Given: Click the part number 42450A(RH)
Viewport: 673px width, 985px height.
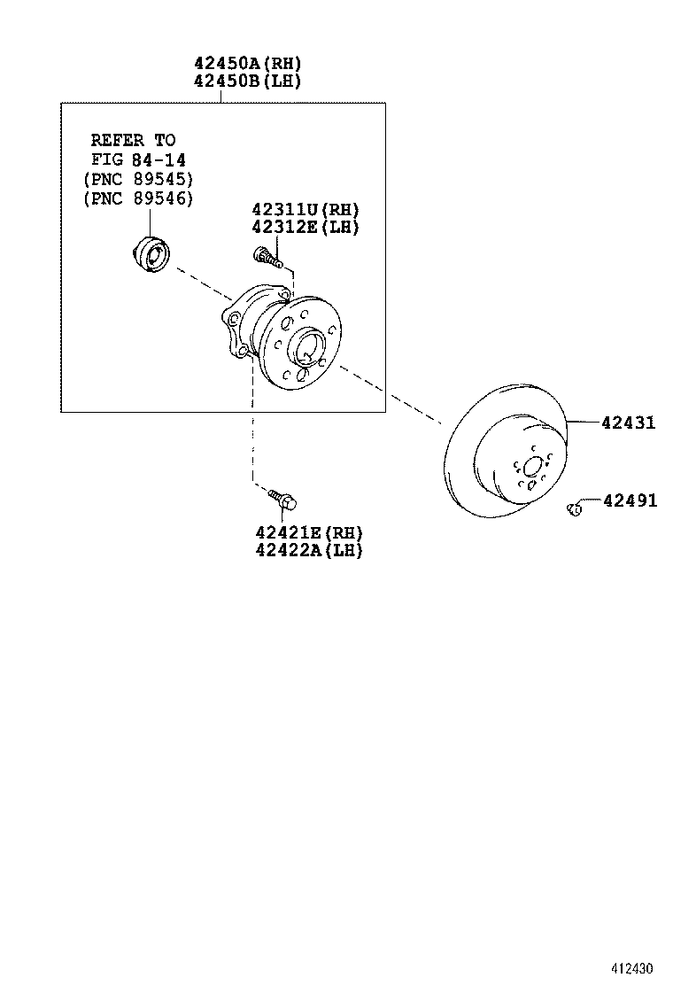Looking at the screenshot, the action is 248,64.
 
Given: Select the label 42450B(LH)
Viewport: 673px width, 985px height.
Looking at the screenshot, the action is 248,81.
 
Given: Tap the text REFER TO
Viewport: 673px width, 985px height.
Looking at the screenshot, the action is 134,140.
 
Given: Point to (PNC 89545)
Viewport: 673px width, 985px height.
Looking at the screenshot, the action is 137,179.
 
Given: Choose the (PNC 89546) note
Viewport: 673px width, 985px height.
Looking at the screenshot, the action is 137,198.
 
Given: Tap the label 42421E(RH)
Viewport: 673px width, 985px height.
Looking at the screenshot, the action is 309,532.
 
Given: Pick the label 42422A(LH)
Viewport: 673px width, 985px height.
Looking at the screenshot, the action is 309,550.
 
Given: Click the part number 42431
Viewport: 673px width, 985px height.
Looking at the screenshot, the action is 629,423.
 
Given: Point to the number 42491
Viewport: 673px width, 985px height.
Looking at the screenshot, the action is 630,501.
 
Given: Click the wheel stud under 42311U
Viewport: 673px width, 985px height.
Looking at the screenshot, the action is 267,258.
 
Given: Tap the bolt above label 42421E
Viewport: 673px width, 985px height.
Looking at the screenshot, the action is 283,500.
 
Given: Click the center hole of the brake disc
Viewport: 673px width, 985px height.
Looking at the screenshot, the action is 532,468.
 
